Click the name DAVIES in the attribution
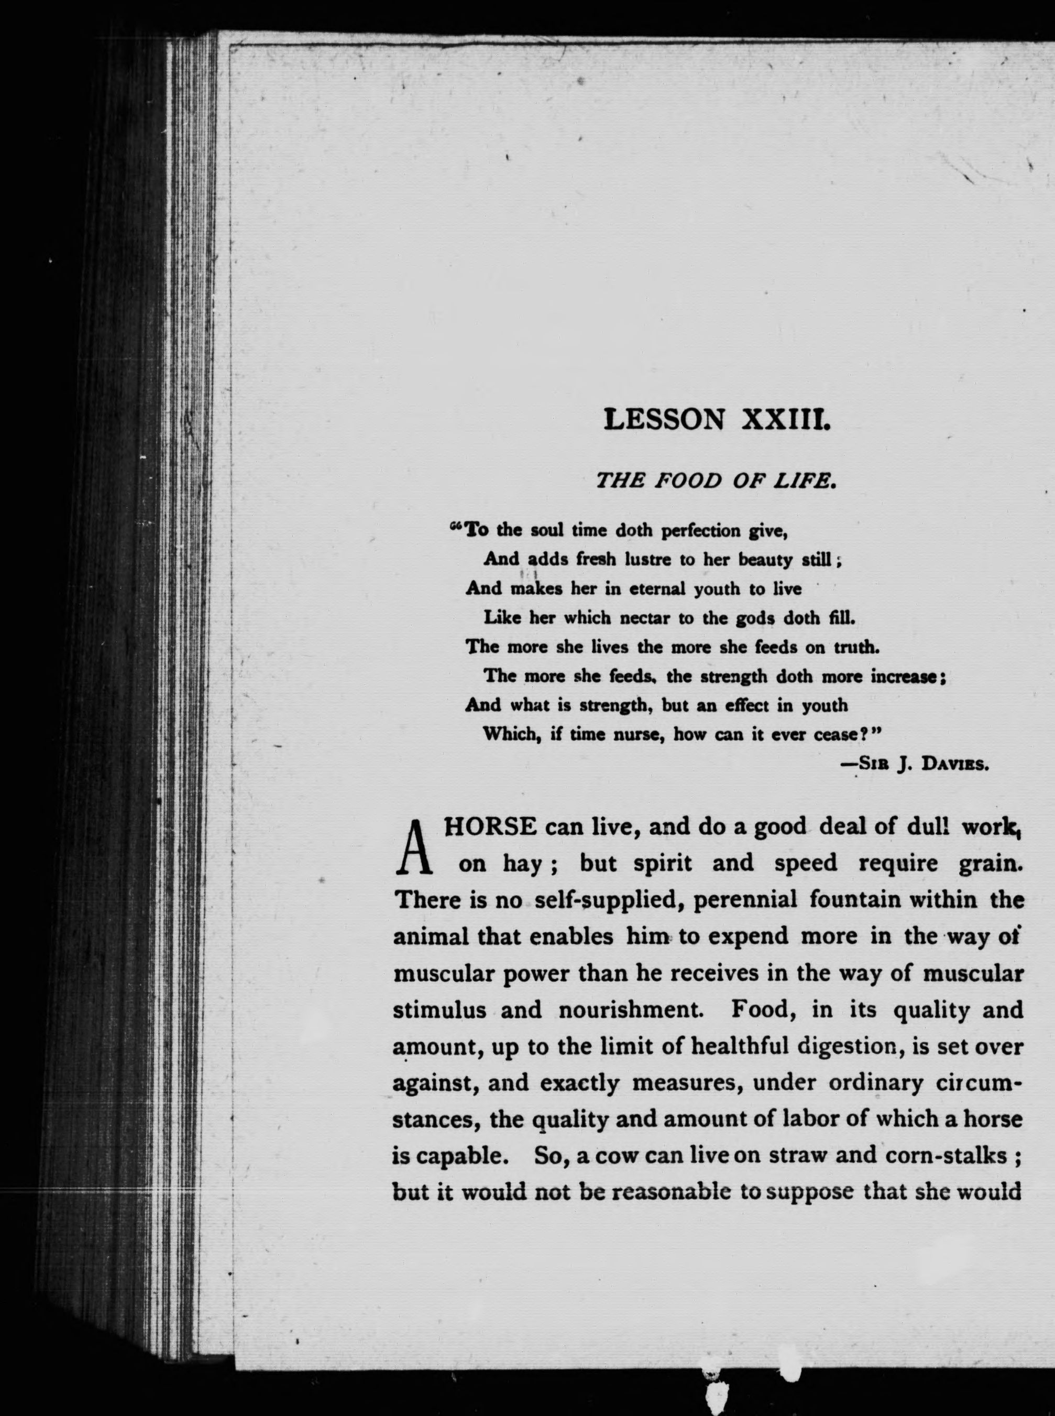(955, 764)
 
